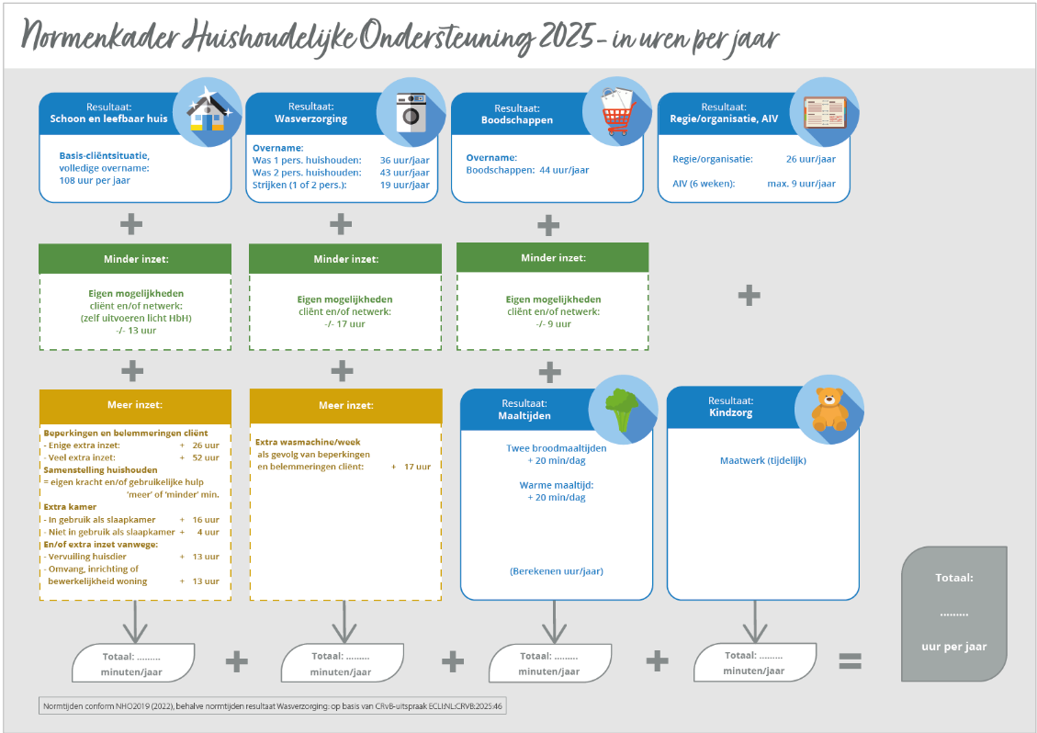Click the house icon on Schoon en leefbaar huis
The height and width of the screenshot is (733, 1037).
[x=207, y=115]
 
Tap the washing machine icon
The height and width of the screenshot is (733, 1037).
[x=411, y=114]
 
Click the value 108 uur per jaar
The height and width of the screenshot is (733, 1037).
[x=95, y=181]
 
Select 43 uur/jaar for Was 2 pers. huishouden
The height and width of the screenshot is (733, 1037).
[x=404, y=172]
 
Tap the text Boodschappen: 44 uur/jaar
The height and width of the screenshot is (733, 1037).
[x=527, y=170]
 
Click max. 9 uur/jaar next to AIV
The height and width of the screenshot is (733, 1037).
[x=801, y=184]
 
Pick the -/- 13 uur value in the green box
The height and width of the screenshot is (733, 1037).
[x=135, y=331]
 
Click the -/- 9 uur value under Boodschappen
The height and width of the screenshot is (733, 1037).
[x=553, y=323]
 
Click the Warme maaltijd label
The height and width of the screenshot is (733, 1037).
[x=557, y=484]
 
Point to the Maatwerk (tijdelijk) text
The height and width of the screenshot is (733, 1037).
[x=762, y=460]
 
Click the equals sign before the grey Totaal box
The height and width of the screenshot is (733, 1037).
[x=851, y=660]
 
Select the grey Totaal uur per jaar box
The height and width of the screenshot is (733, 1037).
[x=953, y=614]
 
